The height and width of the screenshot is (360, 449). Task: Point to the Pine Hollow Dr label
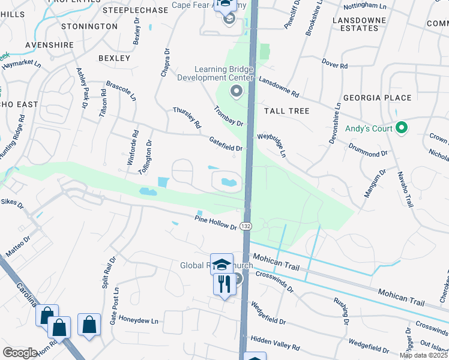pos(216,221)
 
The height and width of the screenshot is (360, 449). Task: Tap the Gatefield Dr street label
pos(225,143)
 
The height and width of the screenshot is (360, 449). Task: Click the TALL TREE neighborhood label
pos(286,111)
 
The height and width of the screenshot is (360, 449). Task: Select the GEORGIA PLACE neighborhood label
pos(377,98)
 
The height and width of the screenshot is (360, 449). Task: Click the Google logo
pos(20,353)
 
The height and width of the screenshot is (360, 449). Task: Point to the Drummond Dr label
pos(367,150)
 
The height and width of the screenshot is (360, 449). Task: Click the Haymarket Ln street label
pos(20,62)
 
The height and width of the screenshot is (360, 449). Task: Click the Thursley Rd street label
pos(187,118)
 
